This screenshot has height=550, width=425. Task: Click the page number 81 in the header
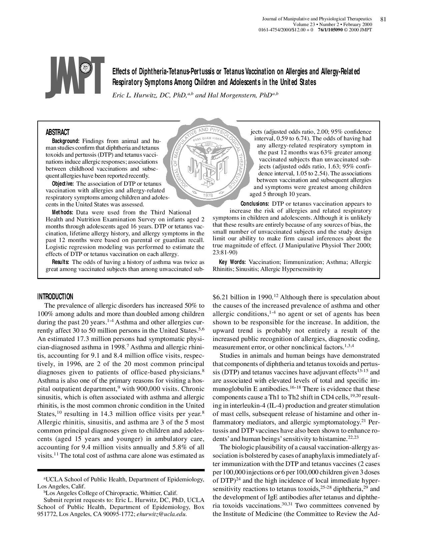383,19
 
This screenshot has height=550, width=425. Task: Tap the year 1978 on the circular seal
208,195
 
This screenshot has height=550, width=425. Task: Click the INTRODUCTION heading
55,297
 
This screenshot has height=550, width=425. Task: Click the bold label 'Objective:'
64,184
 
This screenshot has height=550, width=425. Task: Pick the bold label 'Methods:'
63,212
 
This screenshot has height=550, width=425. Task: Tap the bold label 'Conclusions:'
255,204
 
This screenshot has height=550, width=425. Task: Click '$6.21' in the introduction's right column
220,297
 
